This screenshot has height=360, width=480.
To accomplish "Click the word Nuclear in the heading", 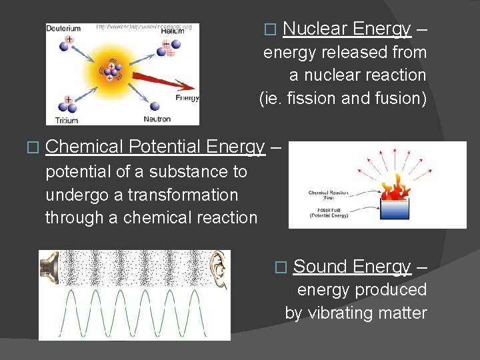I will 315,29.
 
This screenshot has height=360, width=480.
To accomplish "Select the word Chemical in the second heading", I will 85,147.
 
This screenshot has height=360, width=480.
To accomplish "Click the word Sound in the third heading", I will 320,267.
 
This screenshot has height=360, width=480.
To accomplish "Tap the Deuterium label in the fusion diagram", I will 63,29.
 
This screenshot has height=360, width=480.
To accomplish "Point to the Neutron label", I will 157,119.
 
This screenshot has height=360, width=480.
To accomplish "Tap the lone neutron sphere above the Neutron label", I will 154,105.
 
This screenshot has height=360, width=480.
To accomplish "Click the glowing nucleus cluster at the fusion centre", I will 107,72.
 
